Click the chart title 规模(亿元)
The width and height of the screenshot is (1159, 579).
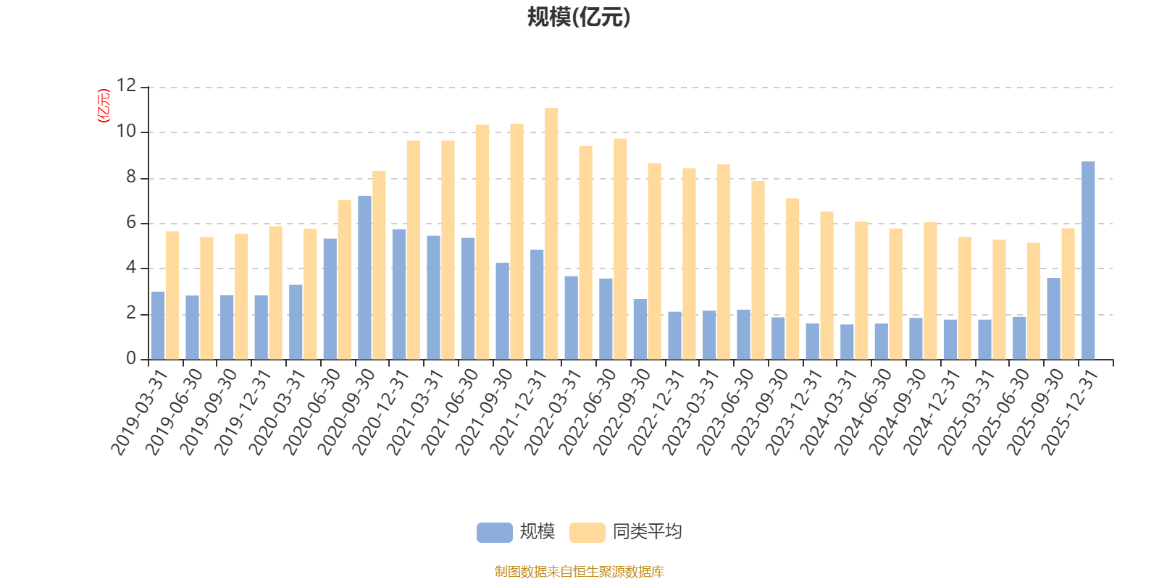579,17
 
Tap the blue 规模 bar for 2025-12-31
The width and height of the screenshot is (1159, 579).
1088,261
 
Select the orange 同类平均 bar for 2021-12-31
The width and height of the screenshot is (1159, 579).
551,234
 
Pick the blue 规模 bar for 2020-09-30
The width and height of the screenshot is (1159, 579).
364,277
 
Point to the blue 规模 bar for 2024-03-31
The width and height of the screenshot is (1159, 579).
847,342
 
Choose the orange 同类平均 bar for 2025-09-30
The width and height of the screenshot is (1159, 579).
1068,294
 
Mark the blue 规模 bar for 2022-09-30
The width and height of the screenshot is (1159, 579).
640,329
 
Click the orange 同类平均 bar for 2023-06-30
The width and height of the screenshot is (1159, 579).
758,270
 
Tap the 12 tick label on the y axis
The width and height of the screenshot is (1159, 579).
126,86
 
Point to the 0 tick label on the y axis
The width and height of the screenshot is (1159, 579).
131,359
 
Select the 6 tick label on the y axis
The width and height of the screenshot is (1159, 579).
131,223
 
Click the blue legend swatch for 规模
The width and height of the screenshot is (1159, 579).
494,533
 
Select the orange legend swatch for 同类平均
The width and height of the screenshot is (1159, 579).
587,533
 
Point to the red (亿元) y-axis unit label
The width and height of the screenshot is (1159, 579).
104,106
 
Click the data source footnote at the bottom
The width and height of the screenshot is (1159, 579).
579,572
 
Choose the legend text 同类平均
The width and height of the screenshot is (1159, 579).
647,532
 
